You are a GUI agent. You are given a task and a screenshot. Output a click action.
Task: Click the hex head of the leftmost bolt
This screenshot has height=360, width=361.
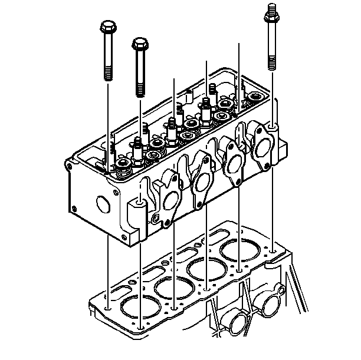(x=108, y=28)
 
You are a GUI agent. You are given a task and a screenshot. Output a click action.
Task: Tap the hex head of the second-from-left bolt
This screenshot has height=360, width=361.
(x=139, y=44)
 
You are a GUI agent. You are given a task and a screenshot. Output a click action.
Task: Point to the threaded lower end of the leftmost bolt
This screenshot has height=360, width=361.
(x=108, y=71)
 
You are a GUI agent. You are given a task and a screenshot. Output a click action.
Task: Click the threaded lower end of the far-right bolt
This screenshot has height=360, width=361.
(x=272, y=62)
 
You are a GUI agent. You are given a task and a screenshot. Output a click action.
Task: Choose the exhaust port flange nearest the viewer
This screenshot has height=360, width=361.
(x=168, y=200)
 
